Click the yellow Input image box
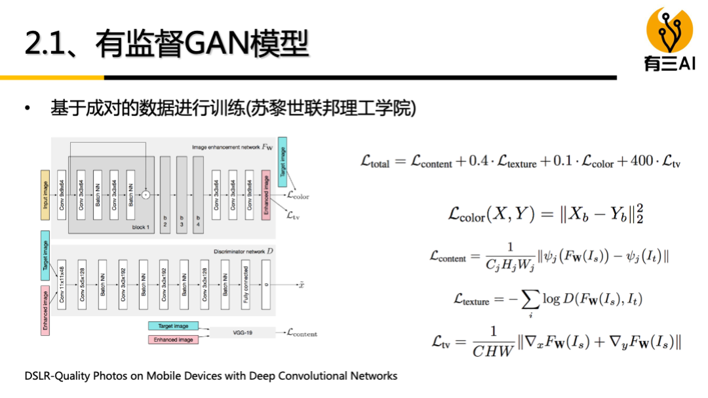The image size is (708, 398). pyautogui.click(x=45, y=191)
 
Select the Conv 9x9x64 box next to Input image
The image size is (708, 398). pyautogui.click(x=62, y=191)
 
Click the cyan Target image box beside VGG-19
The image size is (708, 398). pyautogui.click(x=173, y=327)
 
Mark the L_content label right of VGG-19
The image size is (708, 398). pyautogui.click(x=302, y=333)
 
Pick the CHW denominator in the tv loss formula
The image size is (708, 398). pyautogui.click(x=492, y=351)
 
